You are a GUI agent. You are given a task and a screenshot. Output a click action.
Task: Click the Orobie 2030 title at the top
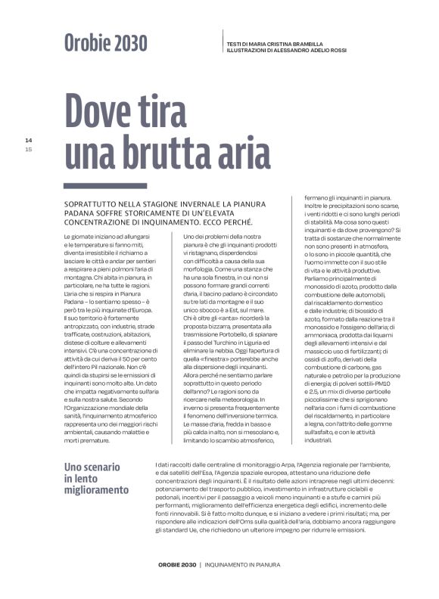click(105, 44)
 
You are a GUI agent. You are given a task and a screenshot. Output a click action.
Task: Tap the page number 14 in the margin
click(29, 140)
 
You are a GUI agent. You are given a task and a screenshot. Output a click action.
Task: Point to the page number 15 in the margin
click(29, 149)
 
